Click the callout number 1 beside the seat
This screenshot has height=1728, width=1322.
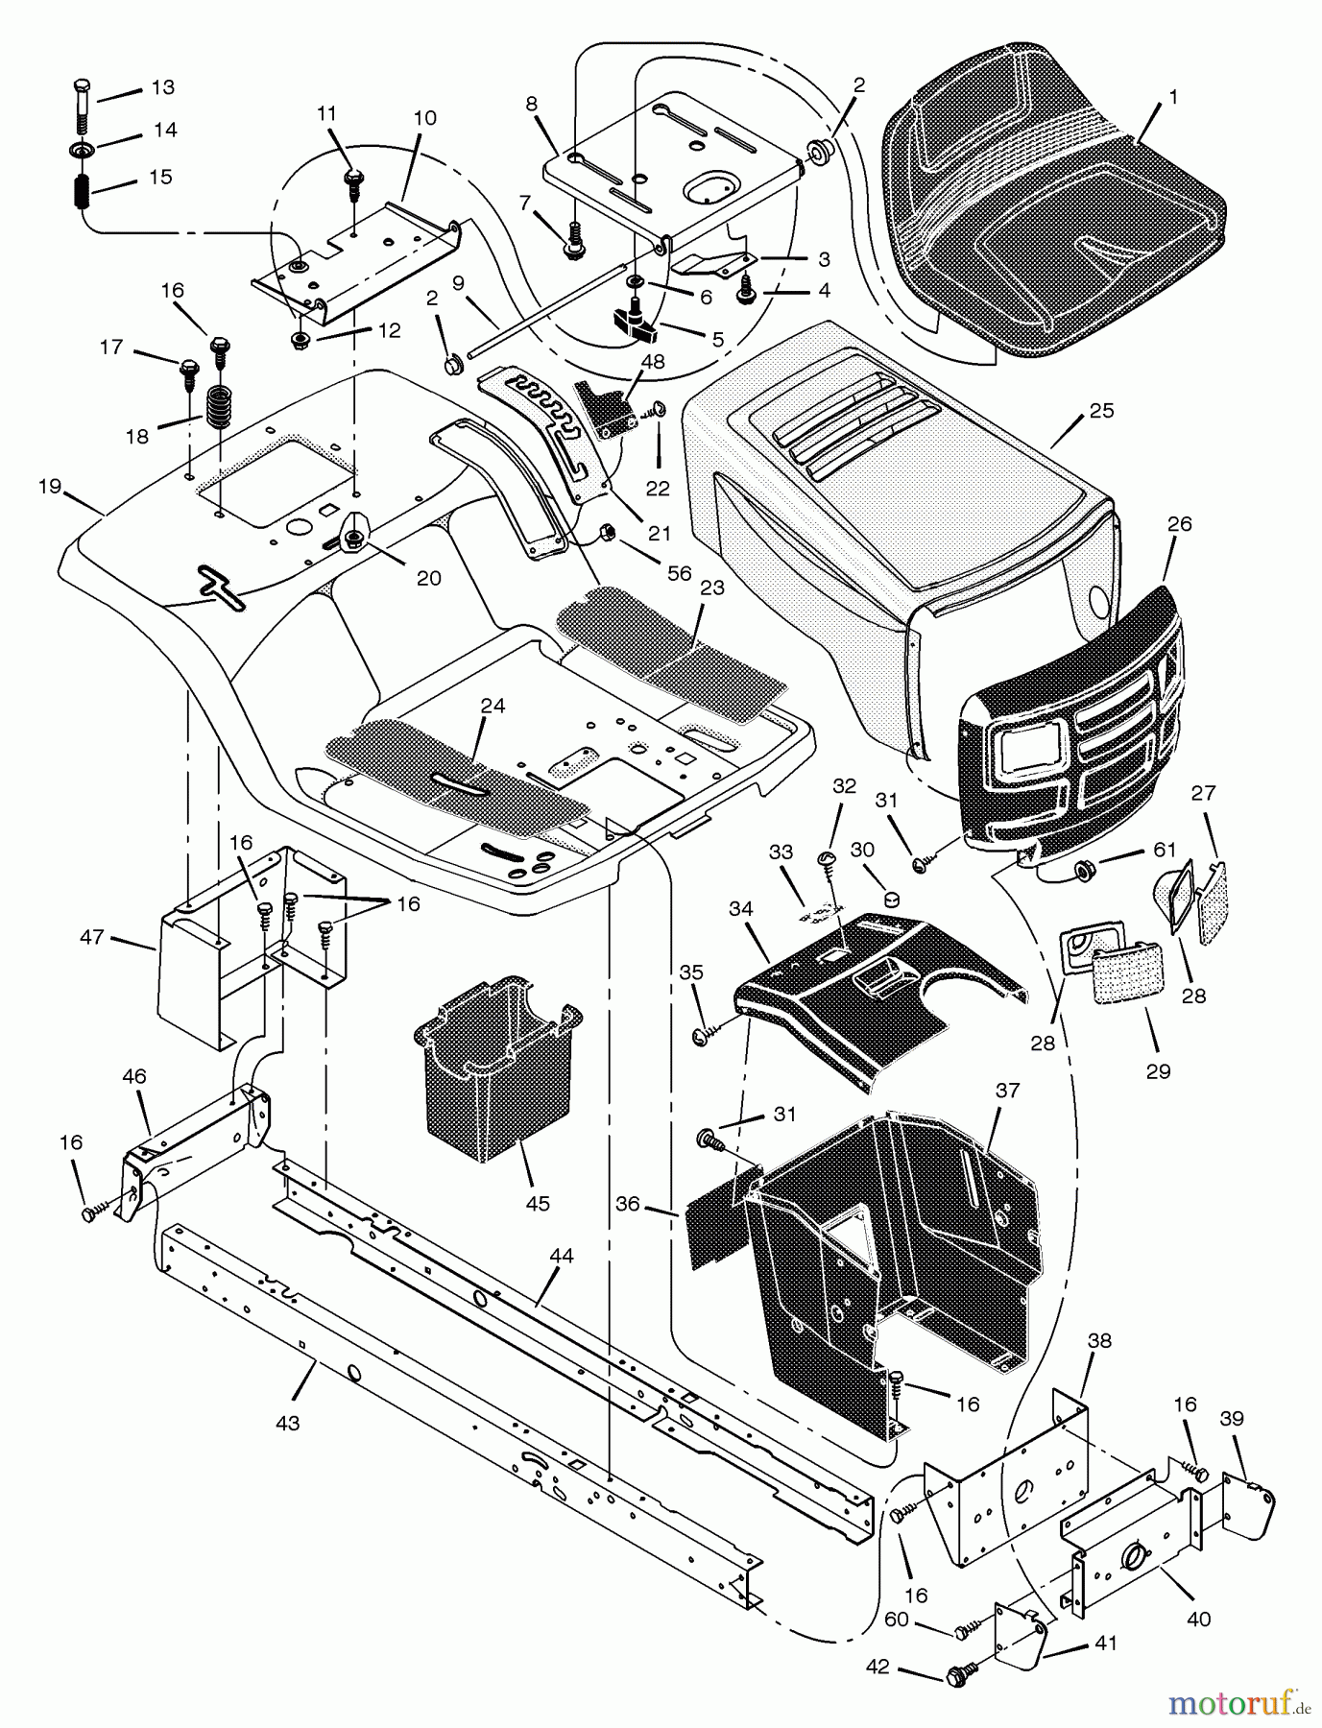pos(1173,98)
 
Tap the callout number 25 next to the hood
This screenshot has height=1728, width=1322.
pos(1101,411)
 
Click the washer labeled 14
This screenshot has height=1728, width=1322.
pos(79,150)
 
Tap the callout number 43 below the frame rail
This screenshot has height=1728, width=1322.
pos(287,1423)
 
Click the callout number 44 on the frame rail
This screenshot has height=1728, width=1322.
pos(561,1256)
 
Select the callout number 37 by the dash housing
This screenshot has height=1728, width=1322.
pos(1007,1091)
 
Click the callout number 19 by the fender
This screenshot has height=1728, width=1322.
pos(50,487)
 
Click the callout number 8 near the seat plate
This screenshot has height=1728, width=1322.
pos(532,105)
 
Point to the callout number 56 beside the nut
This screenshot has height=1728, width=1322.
pos(680,573)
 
